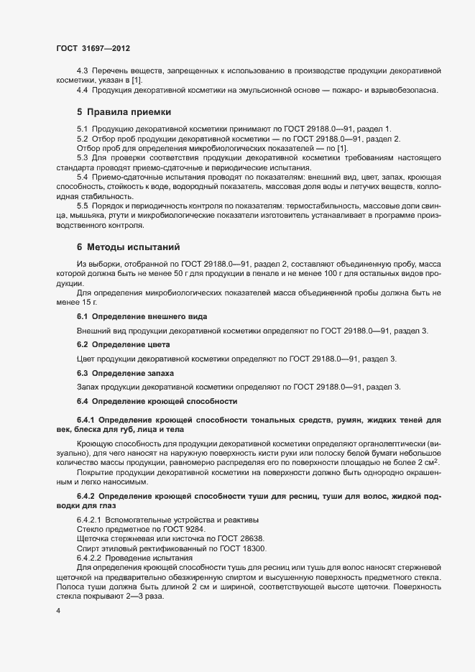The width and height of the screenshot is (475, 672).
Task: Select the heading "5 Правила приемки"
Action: coord(124,112)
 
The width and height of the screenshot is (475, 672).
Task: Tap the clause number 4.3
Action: coord(83,70)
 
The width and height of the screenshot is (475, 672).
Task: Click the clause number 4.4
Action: coord(83,90)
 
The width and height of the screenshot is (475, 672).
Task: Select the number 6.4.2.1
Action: coord(90,520)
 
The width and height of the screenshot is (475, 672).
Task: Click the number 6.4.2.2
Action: coord(90,558)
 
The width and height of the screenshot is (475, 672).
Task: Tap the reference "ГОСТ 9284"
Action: coord(161,529)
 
